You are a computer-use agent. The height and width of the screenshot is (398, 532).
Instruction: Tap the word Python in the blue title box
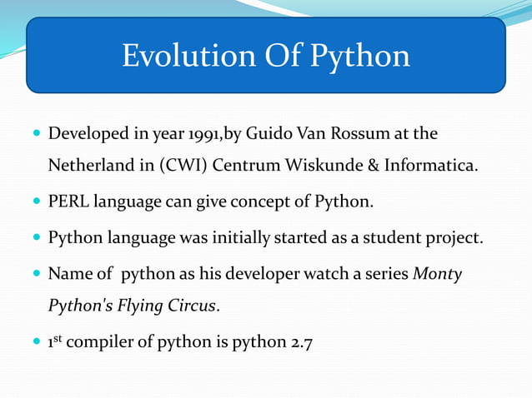tap(360, 56)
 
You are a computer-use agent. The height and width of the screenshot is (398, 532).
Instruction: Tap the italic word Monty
tap(437, 274)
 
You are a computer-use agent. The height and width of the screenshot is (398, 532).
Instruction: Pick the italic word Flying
tap(134, 306)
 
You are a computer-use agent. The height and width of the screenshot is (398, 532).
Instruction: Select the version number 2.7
tap(299, 342)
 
